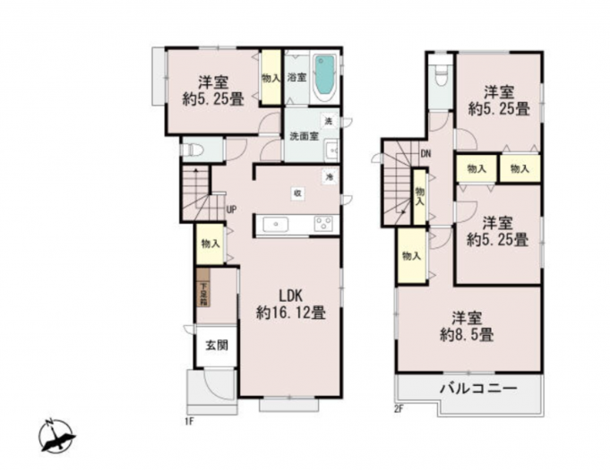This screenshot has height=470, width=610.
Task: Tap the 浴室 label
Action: click(x=296, y=78)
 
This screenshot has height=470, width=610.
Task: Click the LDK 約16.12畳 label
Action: click(x=290, y=304)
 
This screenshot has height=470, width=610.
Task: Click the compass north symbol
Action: click(x=56, y=437)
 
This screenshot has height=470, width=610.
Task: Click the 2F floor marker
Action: click(x=400, y=409)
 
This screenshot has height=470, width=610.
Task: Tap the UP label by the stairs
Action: click(x=230, y=210)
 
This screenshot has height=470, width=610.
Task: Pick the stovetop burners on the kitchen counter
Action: click(x=322, y=224)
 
